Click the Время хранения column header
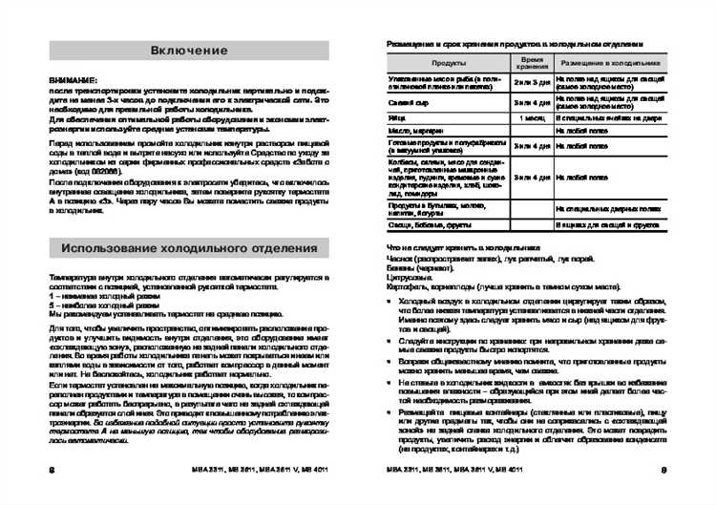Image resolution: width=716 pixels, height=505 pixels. click(x=531, y=63)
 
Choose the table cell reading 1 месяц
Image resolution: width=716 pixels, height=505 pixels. click(x=532, y=118)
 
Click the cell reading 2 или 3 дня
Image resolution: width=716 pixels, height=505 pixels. click(x=532, y=83)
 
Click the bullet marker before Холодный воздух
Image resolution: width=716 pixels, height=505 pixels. click(x=389, y=300)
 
